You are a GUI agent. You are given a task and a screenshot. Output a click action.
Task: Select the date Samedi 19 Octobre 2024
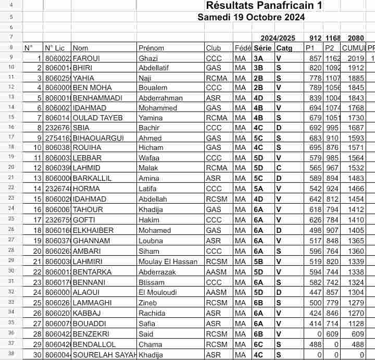point(251,17)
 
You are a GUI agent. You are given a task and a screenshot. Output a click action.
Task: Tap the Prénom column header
point(151,48)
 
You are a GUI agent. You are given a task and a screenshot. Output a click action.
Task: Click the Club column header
point(214,48)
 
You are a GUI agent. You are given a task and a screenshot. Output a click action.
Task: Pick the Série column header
point(262,48)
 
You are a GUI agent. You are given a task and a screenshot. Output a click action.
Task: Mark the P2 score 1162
point(333,58)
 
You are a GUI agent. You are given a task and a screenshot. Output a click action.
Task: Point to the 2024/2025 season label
point(278,38)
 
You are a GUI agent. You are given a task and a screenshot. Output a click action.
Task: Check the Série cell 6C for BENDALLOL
point(258,344)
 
